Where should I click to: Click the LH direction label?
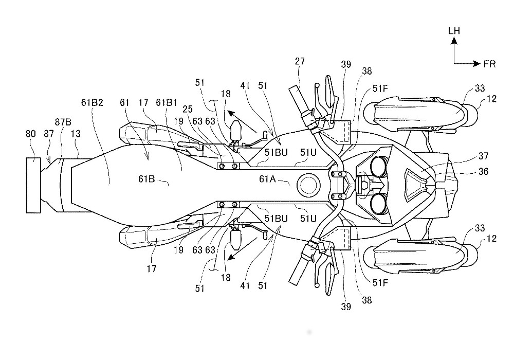click(x=454, y=31)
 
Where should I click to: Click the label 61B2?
click(x=94, y=102)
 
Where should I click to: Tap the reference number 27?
click(x=300, y=62)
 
